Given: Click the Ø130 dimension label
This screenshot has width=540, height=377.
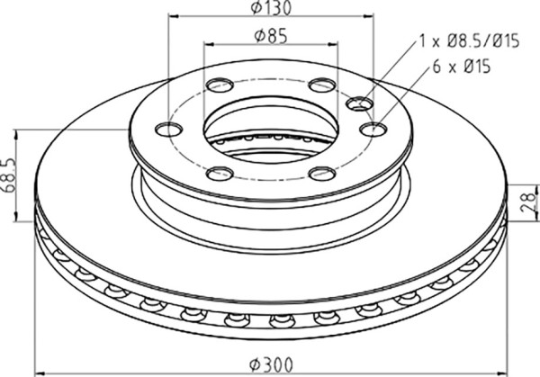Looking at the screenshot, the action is [x=271, y=7].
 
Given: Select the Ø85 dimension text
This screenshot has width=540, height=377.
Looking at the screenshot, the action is [x=271, y=36].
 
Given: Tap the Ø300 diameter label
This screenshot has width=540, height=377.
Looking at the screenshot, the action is [x=272, y=364].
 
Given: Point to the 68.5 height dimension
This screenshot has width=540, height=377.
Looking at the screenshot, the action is [x=9, y=175].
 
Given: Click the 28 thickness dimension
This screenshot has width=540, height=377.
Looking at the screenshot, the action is [x=528, y=202].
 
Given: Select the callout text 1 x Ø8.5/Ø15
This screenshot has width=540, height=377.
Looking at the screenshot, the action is [x=469, y=41].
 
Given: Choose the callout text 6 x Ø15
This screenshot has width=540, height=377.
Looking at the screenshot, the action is [x=462, y=67].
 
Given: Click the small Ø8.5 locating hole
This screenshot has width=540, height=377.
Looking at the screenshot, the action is [x=360, y=103].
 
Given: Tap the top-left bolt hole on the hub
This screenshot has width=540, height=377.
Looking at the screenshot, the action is [x=220, y=85].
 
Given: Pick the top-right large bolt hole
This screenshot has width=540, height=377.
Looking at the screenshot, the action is [x=322, y=85].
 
